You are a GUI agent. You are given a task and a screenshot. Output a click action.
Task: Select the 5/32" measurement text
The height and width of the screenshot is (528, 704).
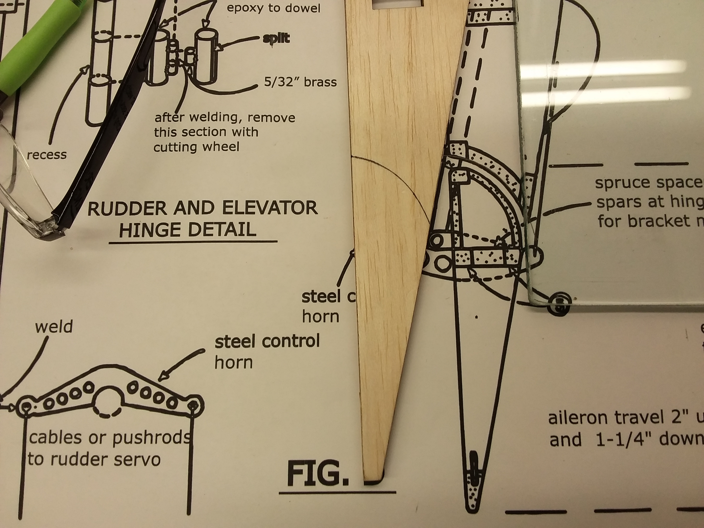(281, 82)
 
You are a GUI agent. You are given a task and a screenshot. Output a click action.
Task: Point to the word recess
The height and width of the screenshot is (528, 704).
(47, 155)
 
